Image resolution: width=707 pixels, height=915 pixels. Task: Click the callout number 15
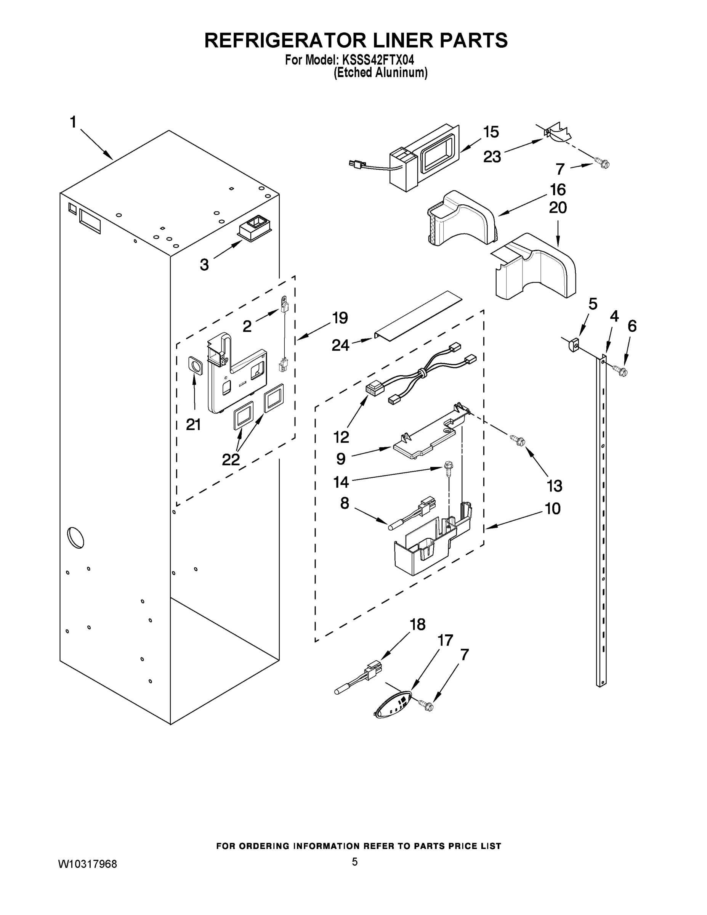pos(491,132)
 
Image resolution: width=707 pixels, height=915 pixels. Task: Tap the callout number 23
pos(492,157)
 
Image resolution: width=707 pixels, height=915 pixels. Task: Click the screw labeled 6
pos(620,370)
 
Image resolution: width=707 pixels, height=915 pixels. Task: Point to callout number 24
pos(340,345)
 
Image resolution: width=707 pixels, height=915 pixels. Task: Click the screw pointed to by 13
pos(517,440)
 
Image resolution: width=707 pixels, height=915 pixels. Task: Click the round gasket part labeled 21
pos(195,365)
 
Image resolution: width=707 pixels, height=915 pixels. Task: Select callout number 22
pos(231,459)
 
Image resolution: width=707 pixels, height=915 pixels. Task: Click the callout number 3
pos(204,265)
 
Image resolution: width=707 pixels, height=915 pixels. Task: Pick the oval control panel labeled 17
pos(395,707)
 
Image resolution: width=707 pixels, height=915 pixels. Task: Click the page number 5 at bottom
pos(354,862)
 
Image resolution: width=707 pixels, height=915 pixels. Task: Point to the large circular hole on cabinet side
pos(75,538)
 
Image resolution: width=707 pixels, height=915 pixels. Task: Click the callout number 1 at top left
pos(73,122)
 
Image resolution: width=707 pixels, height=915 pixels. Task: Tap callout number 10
pos(552,509)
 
